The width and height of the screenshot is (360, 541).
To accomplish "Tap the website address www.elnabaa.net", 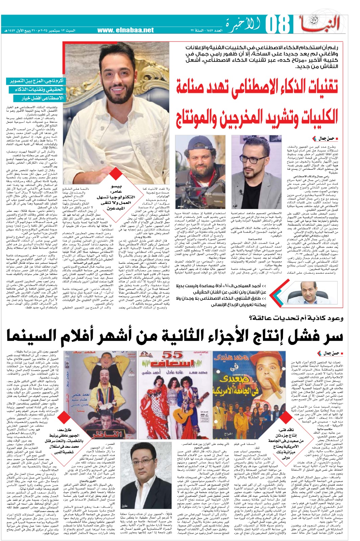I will pos(126,30).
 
